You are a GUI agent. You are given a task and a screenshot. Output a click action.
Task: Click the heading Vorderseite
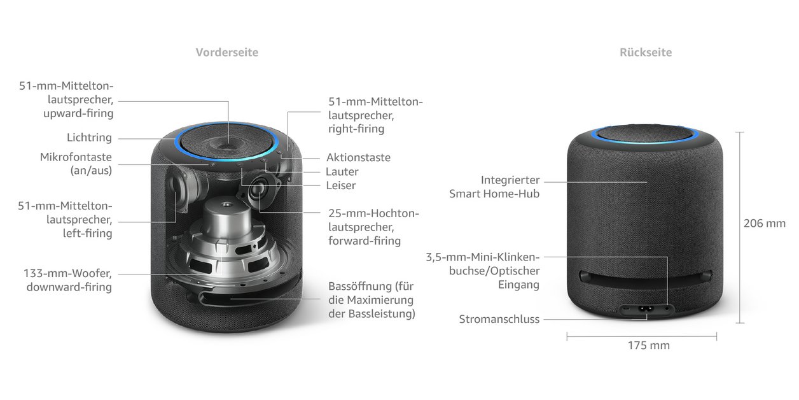226,52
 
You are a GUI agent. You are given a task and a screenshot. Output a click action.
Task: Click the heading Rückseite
645,52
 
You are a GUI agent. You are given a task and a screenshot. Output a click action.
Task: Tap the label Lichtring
89,138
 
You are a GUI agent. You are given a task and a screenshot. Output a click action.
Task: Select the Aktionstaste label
358,157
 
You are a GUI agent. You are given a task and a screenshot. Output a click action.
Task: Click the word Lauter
342,171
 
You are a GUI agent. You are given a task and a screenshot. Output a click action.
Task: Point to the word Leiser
340,185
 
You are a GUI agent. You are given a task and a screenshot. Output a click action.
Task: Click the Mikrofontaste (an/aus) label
76,164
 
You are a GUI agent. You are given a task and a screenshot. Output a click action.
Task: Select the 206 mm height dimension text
764,223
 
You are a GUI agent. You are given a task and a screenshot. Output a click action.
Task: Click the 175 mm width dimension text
648,345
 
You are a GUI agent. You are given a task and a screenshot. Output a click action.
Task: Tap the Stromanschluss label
499,319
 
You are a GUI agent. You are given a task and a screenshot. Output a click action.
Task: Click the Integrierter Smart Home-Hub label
494,187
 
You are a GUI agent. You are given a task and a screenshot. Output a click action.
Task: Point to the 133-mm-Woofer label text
69,280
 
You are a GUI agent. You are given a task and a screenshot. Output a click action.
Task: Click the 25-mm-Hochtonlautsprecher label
373,227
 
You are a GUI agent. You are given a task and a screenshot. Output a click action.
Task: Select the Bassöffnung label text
372,299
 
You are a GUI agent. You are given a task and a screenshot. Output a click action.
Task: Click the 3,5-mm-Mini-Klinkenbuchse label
483,271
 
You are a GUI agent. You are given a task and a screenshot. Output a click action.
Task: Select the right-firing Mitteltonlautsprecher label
375,115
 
